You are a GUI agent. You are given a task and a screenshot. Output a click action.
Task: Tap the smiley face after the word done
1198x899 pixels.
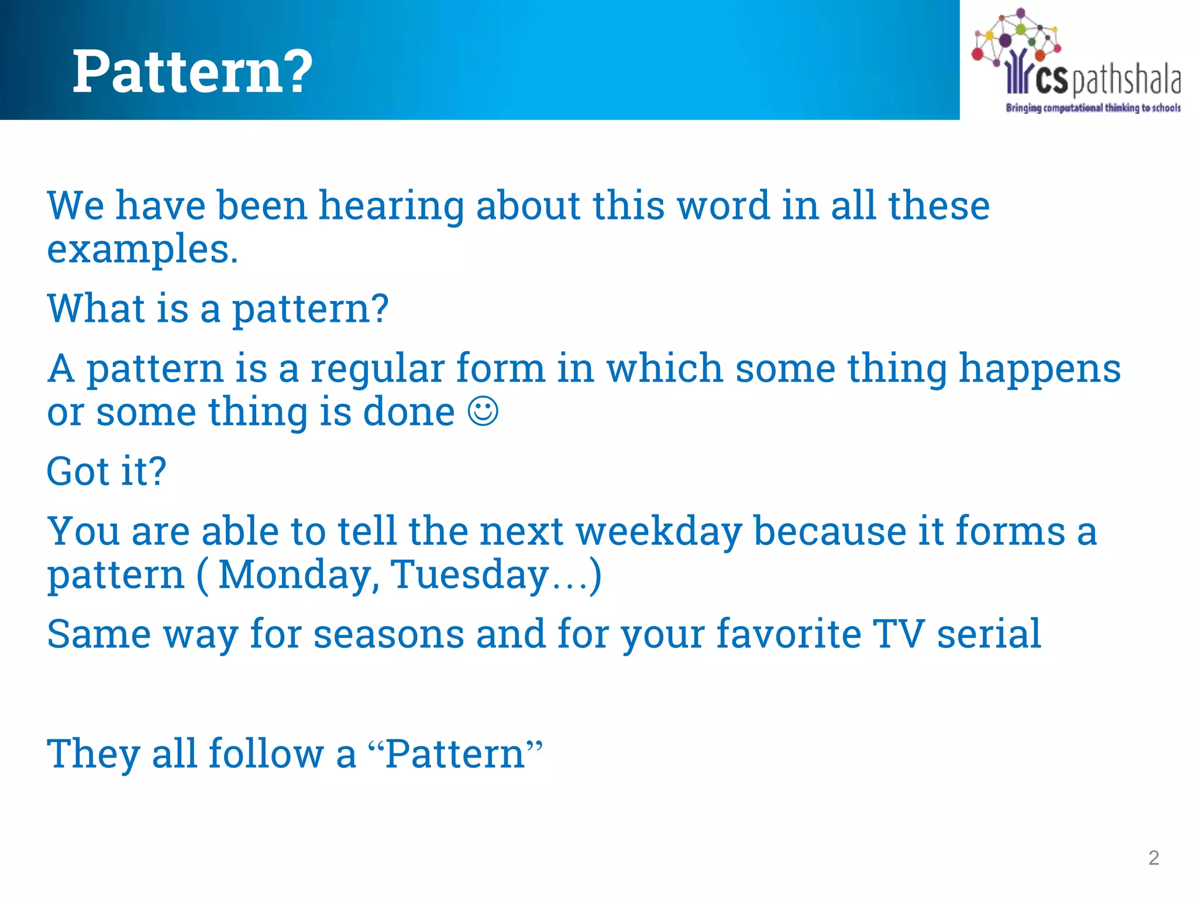click(x=483, y=411)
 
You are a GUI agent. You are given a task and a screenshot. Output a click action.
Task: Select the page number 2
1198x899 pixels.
click(x=1154, y=858)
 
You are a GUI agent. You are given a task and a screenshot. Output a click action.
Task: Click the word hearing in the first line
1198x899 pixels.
click(x=391, y=207)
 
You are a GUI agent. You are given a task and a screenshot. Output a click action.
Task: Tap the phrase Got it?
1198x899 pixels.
click(x=106, y=471)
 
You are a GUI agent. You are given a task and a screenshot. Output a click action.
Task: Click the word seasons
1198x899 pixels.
click(x=388, y=634)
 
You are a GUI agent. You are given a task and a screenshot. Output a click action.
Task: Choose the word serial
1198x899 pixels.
click(x=989, y=634)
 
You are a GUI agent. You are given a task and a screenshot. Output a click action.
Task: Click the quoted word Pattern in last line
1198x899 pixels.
click(x=455, y=754)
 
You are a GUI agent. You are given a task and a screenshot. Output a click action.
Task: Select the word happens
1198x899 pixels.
click(x=1039, y=370)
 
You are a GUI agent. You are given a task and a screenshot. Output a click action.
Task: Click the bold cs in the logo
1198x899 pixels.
click(x=1051, y=80)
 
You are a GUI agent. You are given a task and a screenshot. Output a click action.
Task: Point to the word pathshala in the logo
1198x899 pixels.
click(x=1125, y=80)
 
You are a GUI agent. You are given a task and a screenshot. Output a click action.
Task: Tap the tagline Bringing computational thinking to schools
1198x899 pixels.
click(x=1093, y=108)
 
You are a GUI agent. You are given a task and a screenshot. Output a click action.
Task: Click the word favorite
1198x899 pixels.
click(x=789, y=634)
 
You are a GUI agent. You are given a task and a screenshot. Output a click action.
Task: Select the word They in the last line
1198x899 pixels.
click(x=94, y=754)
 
